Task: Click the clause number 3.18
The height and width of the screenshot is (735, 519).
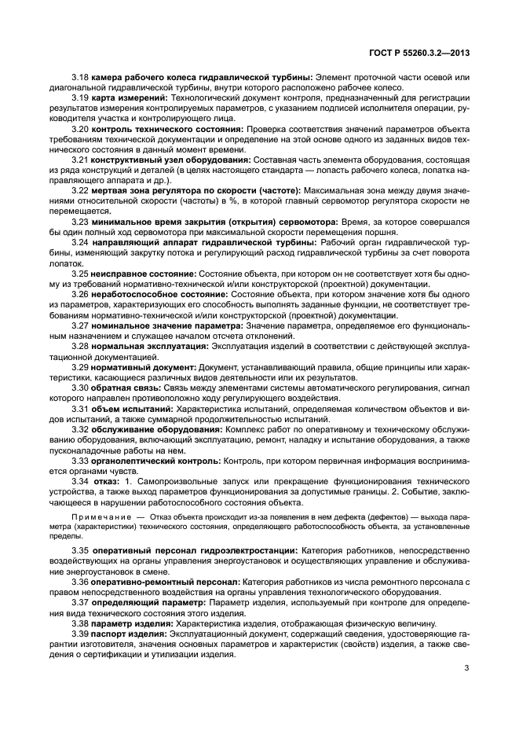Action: pos(80,76)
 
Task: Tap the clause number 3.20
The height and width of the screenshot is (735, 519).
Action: pos(80,127)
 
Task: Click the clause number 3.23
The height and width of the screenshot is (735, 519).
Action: pos(80,222)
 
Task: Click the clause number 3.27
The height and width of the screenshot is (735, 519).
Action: pos(80,325)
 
